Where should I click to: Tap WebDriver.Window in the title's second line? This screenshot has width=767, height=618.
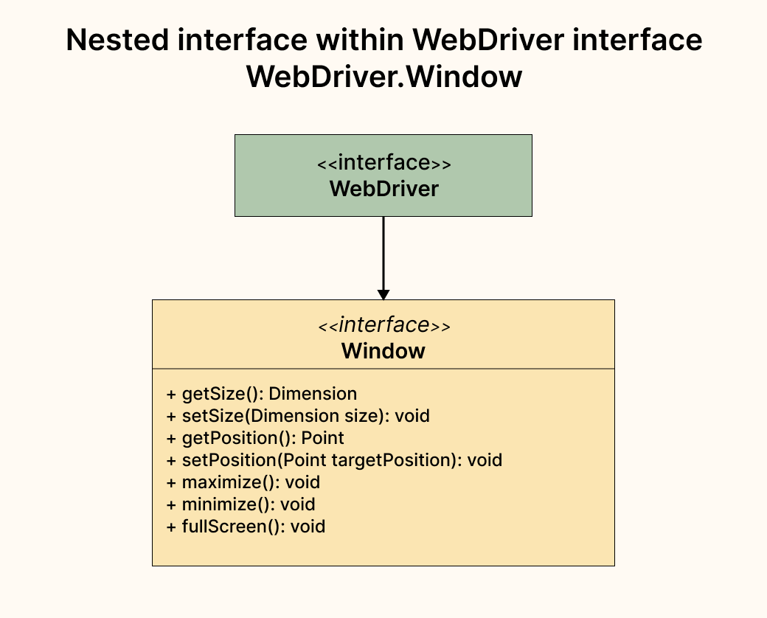(x=383, y=77)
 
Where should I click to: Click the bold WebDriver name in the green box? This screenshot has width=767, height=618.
(x=383, y=189)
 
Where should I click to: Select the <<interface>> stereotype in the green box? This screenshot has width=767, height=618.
(x=383, y=163)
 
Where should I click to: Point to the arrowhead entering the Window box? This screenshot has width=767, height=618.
(x=383, y=294)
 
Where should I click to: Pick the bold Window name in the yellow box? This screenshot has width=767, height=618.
(x=383, y=350)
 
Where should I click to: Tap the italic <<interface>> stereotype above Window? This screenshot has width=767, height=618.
(x=383, y=325)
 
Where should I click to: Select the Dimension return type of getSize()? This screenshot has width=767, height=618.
(x=318, y=394)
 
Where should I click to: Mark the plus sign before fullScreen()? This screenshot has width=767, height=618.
(x=172, y=527)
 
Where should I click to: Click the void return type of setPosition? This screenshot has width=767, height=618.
(x=485, y=460)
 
